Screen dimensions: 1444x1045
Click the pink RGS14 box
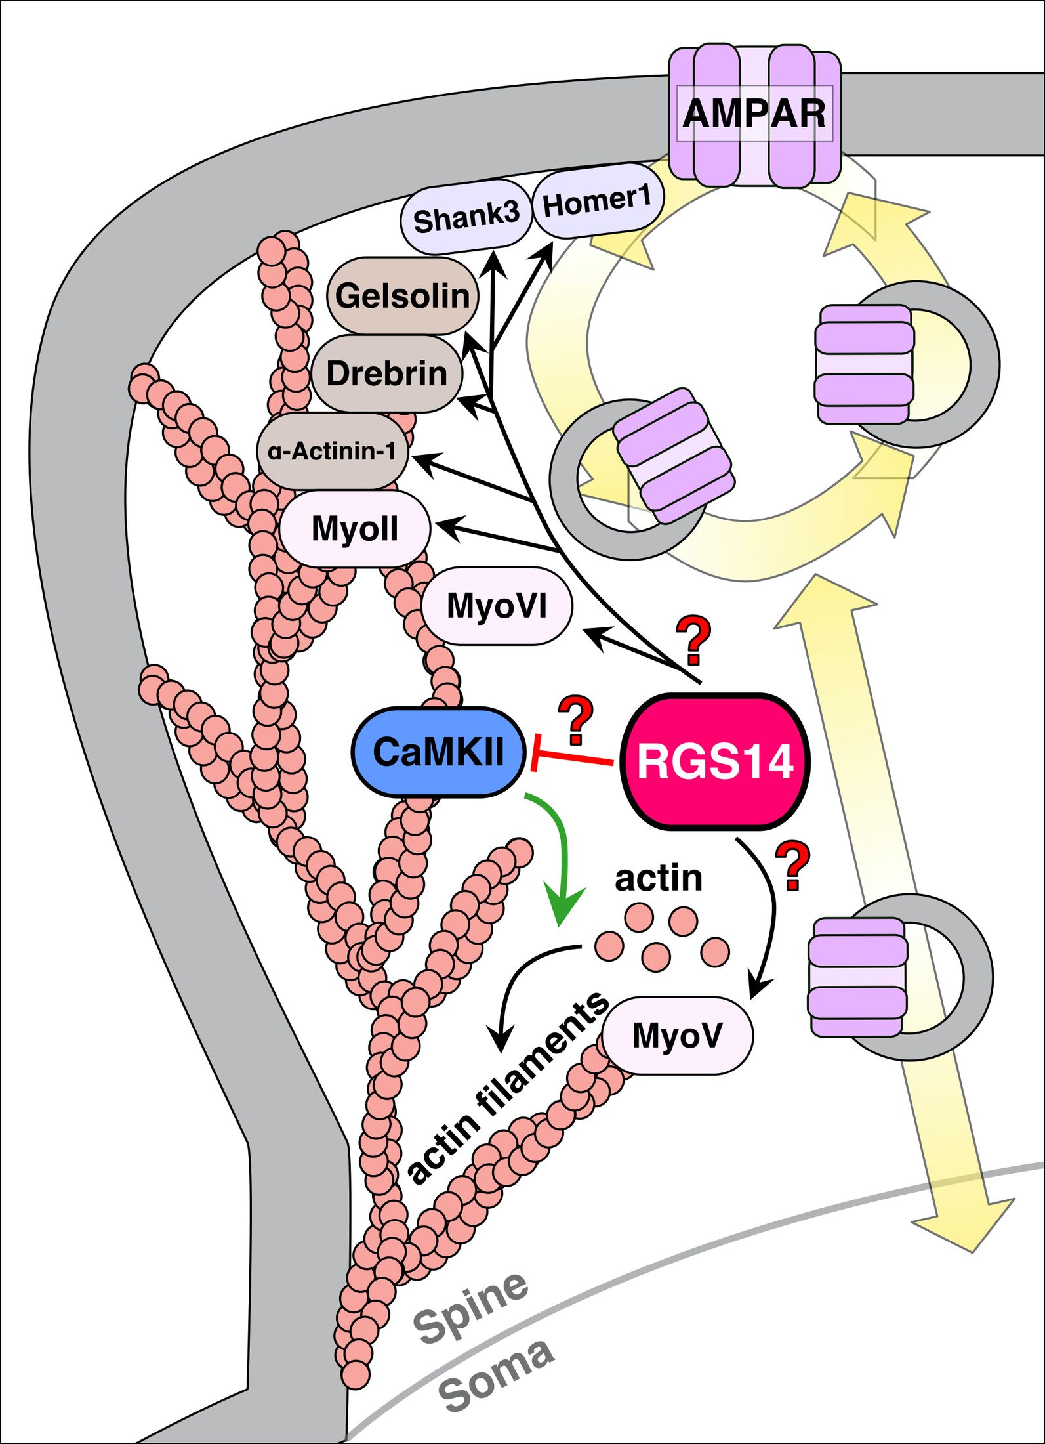715,761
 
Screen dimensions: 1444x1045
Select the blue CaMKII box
438,752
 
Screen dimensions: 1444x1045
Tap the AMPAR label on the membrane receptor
754,114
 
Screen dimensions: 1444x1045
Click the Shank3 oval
465,217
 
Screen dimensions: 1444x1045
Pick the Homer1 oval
597,201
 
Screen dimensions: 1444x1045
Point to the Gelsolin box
402,295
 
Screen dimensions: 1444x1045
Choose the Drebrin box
386,373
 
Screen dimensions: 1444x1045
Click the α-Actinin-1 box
332,451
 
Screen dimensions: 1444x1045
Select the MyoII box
355,528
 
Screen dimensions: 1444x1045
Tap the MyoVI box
497,605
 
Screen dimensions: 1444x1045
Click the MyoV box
677,1035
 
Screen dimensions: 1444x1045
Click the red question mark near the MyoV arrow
792,866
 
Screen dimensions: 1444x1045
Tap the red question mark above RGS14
693,640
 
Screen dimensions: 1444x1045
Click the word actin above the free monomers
658,878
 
